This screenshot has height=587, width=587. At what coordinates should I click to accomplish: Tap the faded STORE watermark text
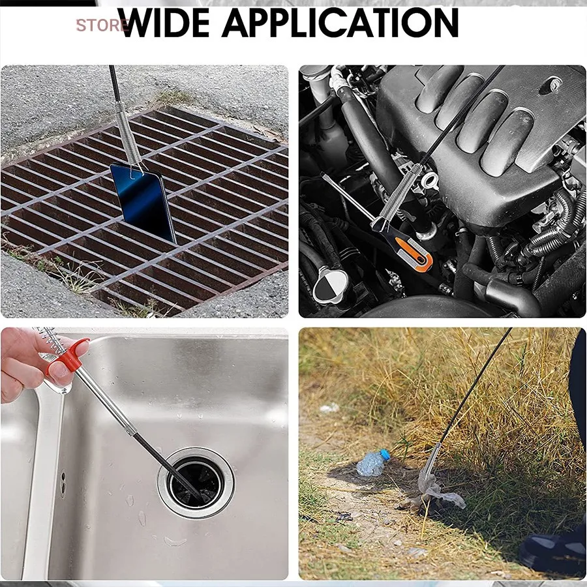[102, 25]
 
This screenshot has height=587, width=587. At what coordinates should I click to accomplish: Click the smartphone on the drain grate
[143, 202]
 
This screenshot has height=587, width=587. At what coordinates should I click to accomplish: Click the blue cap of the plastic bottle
[385, 455]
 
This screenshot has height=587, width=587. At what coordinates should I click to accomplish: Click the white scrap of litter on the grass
[329, 408]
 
